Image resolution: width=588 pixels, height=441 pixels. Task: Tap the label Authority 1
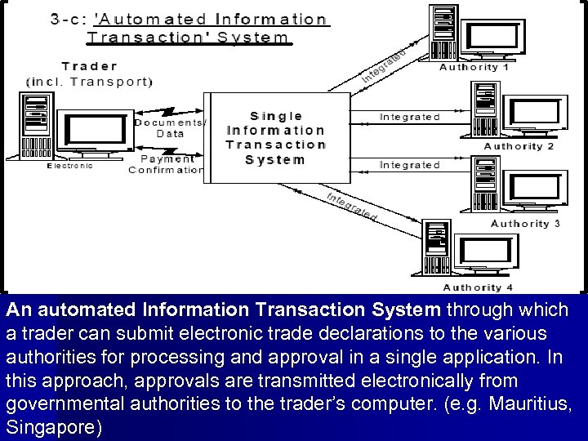point(474,67)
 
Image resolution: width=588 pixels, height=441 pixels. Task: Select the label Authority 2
point(519,145)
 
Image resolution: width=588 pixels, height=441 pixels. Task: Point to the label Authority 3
point(525,223)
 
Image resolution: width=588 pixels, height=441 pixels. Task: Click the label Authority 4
point(477,287)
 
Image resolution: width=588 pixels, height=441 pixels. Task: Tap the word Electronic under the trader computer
point(70,165)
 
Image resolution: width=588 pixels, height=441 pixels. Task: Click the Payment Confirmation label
point(167,164)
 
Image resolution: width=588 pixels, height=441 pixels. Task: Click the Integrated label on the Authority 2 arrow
point(409,117)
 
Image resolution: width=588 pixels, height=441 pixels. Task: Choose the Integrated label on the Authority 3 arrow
point(409,165)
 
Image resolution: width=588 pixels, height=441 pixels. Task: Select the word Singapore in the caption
point(52,428)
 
